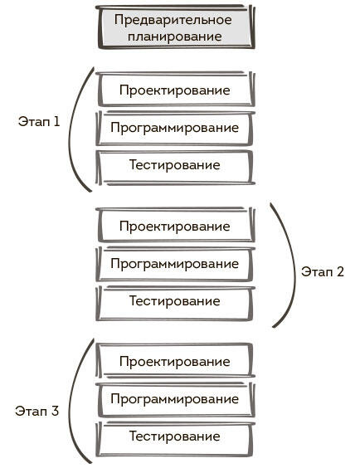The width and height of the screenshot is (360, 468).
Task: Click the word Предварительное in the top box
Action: tap(173, 20)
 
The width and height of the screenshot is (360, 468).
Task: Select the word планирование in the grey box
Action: tap(175, 37)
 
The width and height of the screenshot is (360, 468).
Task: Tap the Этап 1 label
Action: tap(39, 121)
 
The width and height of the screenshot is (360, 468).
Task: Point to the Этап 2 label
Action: tap(322, 271)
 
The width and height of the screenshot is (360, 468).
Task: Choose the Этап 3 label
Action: tap(37, 411)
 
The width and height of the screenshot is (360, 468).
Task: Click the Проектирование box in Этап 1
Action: tap(175, 90)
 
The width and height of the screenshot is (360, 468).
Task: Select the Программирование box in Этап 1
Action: tap(175, 128)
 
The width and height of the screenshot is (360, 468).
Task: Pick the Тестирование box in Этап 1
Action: tap(175, 167)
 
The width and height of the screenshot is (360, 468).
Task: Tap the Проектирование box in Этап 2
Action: tap(175, 225)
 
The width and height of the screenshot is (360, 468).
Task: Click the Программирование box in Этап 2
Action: tap(175, 264)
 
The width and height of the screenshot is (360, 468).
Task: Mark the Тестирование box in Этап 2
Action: tap(175, 303)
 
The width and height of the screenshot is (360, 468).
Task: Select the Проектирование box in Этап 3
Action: tap(175, 361)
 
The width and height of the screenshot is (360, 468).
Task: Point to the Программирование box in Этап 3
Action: tap(175, 400)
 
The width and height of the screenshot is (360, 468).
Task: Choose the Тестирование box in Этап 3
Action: tap(175, 439)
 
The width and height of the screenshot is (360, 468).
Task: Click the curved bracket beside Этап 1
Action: tap(70, 129)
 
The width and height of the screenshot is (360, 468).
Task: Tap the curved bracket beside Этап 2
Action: tap(295, 266)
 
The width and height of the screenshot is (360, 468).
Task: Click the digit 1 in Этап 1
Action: tap(56, 121)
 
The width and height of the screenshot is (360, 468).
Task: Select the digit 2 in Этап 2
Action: tap(340, 271)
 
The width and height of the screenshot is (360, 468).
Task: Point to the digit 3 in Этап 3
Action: tap(55, 411)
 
